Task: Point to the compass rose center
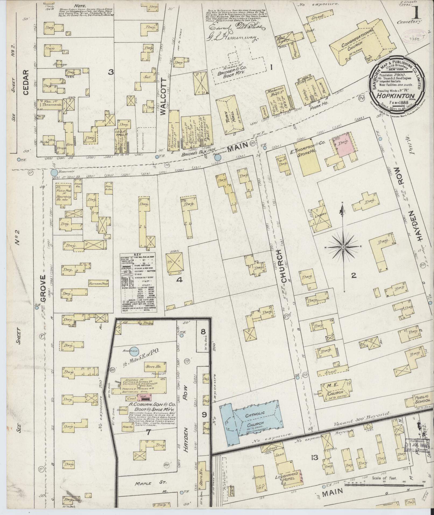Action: pos(344,247)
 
